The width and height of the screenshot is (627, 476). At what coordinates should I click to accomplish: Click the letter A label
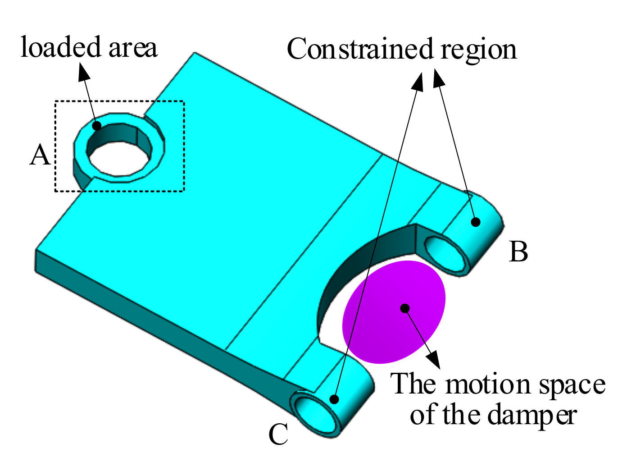click(40, 155)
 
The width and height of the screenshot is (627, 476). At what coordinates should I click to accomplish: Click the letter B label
click(518, 252)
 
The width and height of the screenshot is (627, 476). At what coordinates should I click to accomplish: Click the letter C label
click(278, 435)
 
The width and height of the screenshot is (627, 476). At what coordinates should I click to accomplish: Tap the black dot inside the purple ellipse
click(405, 308)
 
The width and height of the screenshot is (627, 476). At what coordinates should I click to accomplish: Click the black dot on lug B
click(475, 222)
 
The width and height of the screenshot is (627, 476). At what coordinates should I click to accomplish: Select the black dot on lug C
click(334, 399)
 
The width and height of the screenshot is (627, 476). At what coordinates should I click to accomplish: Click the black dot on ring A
click(97, 125)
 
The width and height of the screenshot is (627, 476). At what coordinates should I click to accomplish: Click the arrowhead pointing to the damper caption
click(433, 358)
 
